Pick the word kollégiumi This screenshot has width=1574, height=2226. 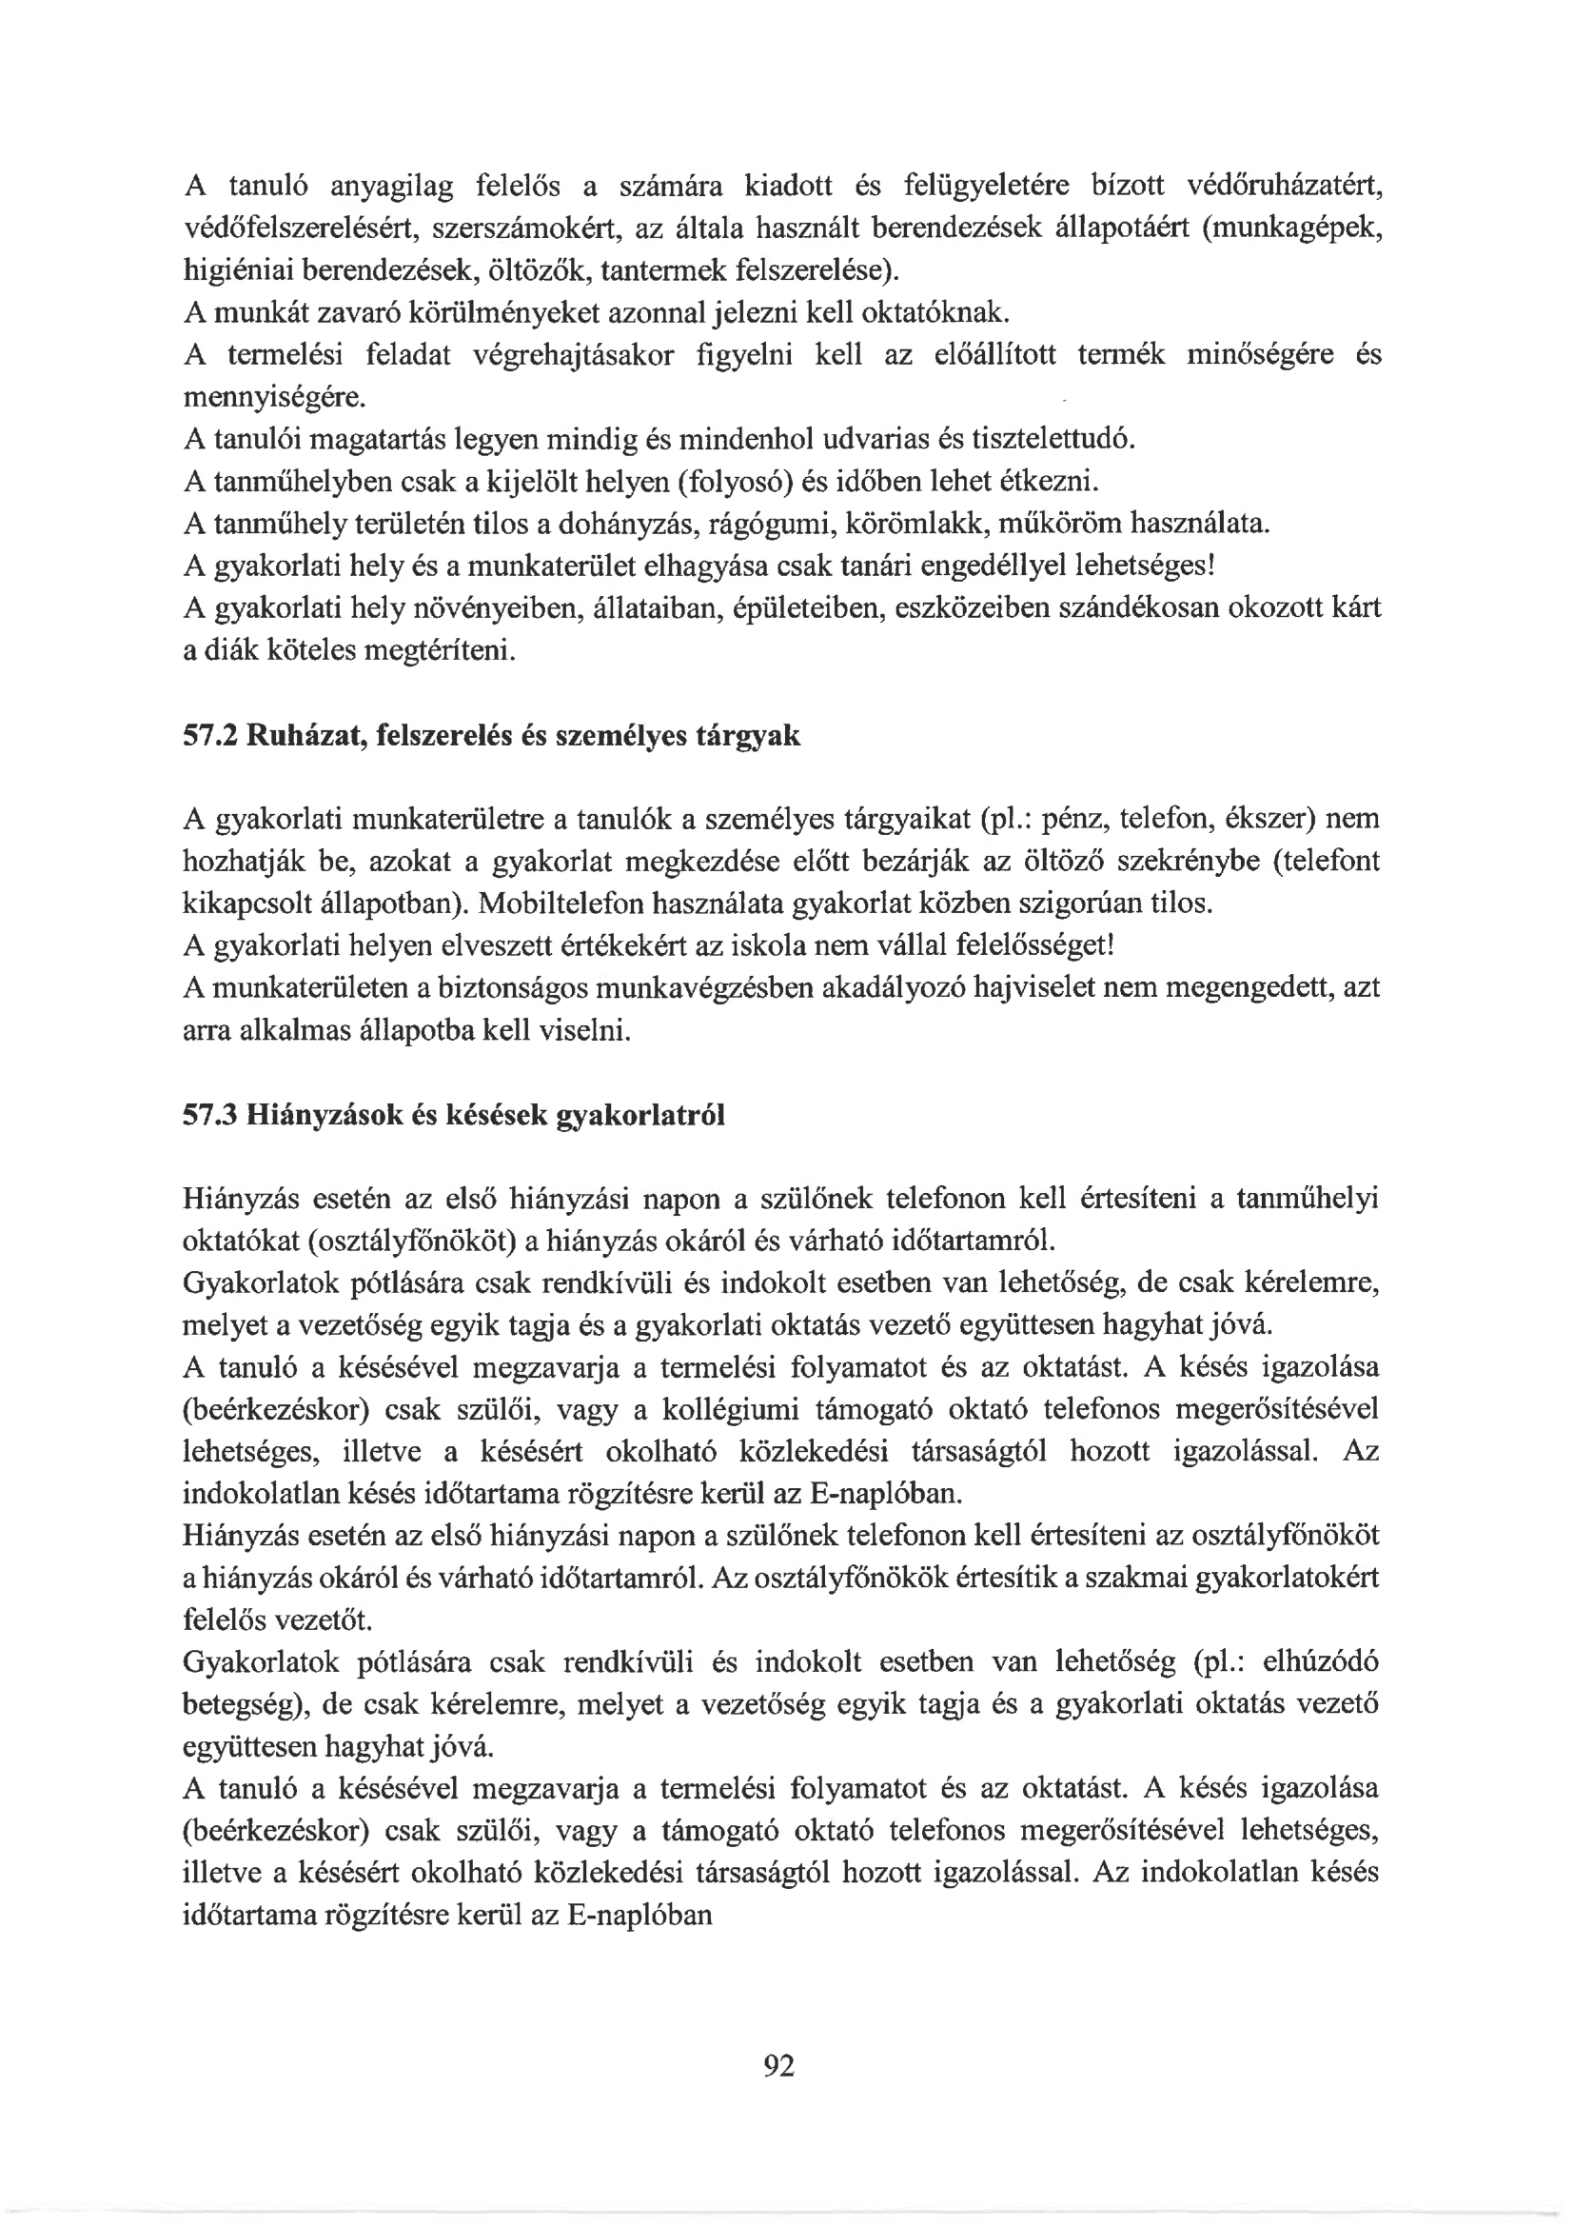point(731,1409)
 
